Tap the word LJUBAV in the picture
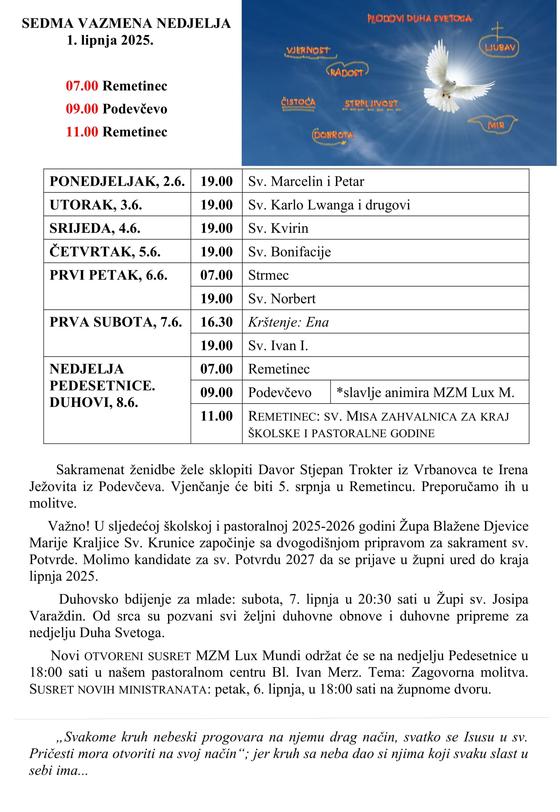pos(499,47)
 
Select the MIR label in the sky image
pos(496,125)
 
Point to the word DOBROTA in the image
pos(333,135)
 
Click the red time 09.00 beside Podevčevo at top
pos(82,109)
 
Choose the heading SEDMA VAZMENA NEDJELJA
pos(126,23)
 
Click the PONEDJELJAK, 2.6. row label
pos(117,181)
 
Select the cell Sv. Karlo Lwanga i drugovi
pos(329,205)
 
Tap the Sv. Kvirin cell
pos(278,228)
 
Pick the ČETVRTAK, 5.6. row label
pos(105,252)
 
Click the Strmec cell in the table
pos(268,275)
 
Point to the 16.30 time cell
pos(216,322)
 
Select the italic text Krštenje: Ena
pos(288,322)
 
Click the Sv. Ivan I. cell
pos(278,346)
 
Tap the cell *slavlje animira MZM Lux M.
pos(426,392)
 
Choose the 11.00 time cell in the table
pos(216,416)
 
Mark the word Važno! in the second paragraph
pos(69,526)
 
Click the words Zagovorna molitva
pos(470,672)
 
